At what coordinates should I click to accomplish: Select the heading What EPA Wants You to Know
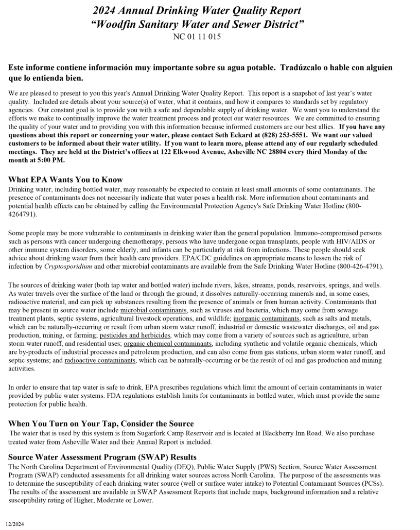[65, 180]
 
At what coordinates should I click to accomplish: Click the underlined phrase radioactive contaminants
[100, 360]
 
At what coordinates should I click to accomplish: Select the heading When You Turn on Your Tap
[101, 423]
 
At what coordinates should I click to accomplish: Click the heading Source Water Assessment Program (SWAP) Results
[102, 457]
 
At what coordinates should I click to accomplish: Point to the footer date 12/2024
[15, 524]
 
